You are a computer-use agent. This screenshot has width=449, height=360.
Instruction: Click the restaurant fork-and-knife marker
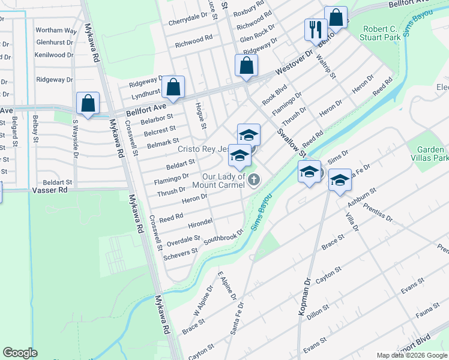point(315,29)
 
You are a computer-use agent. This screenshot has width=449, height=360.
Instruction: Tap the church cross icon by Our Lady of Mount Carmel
point(255,179)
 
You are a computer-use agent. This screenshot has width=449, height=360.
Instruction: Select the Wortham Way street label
point(56,30)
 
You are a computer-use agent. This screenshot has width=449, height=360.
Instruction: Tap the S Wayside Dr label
point(76,137)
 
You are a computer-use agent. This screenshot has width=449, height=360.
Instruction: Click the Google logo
point(20,353)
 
